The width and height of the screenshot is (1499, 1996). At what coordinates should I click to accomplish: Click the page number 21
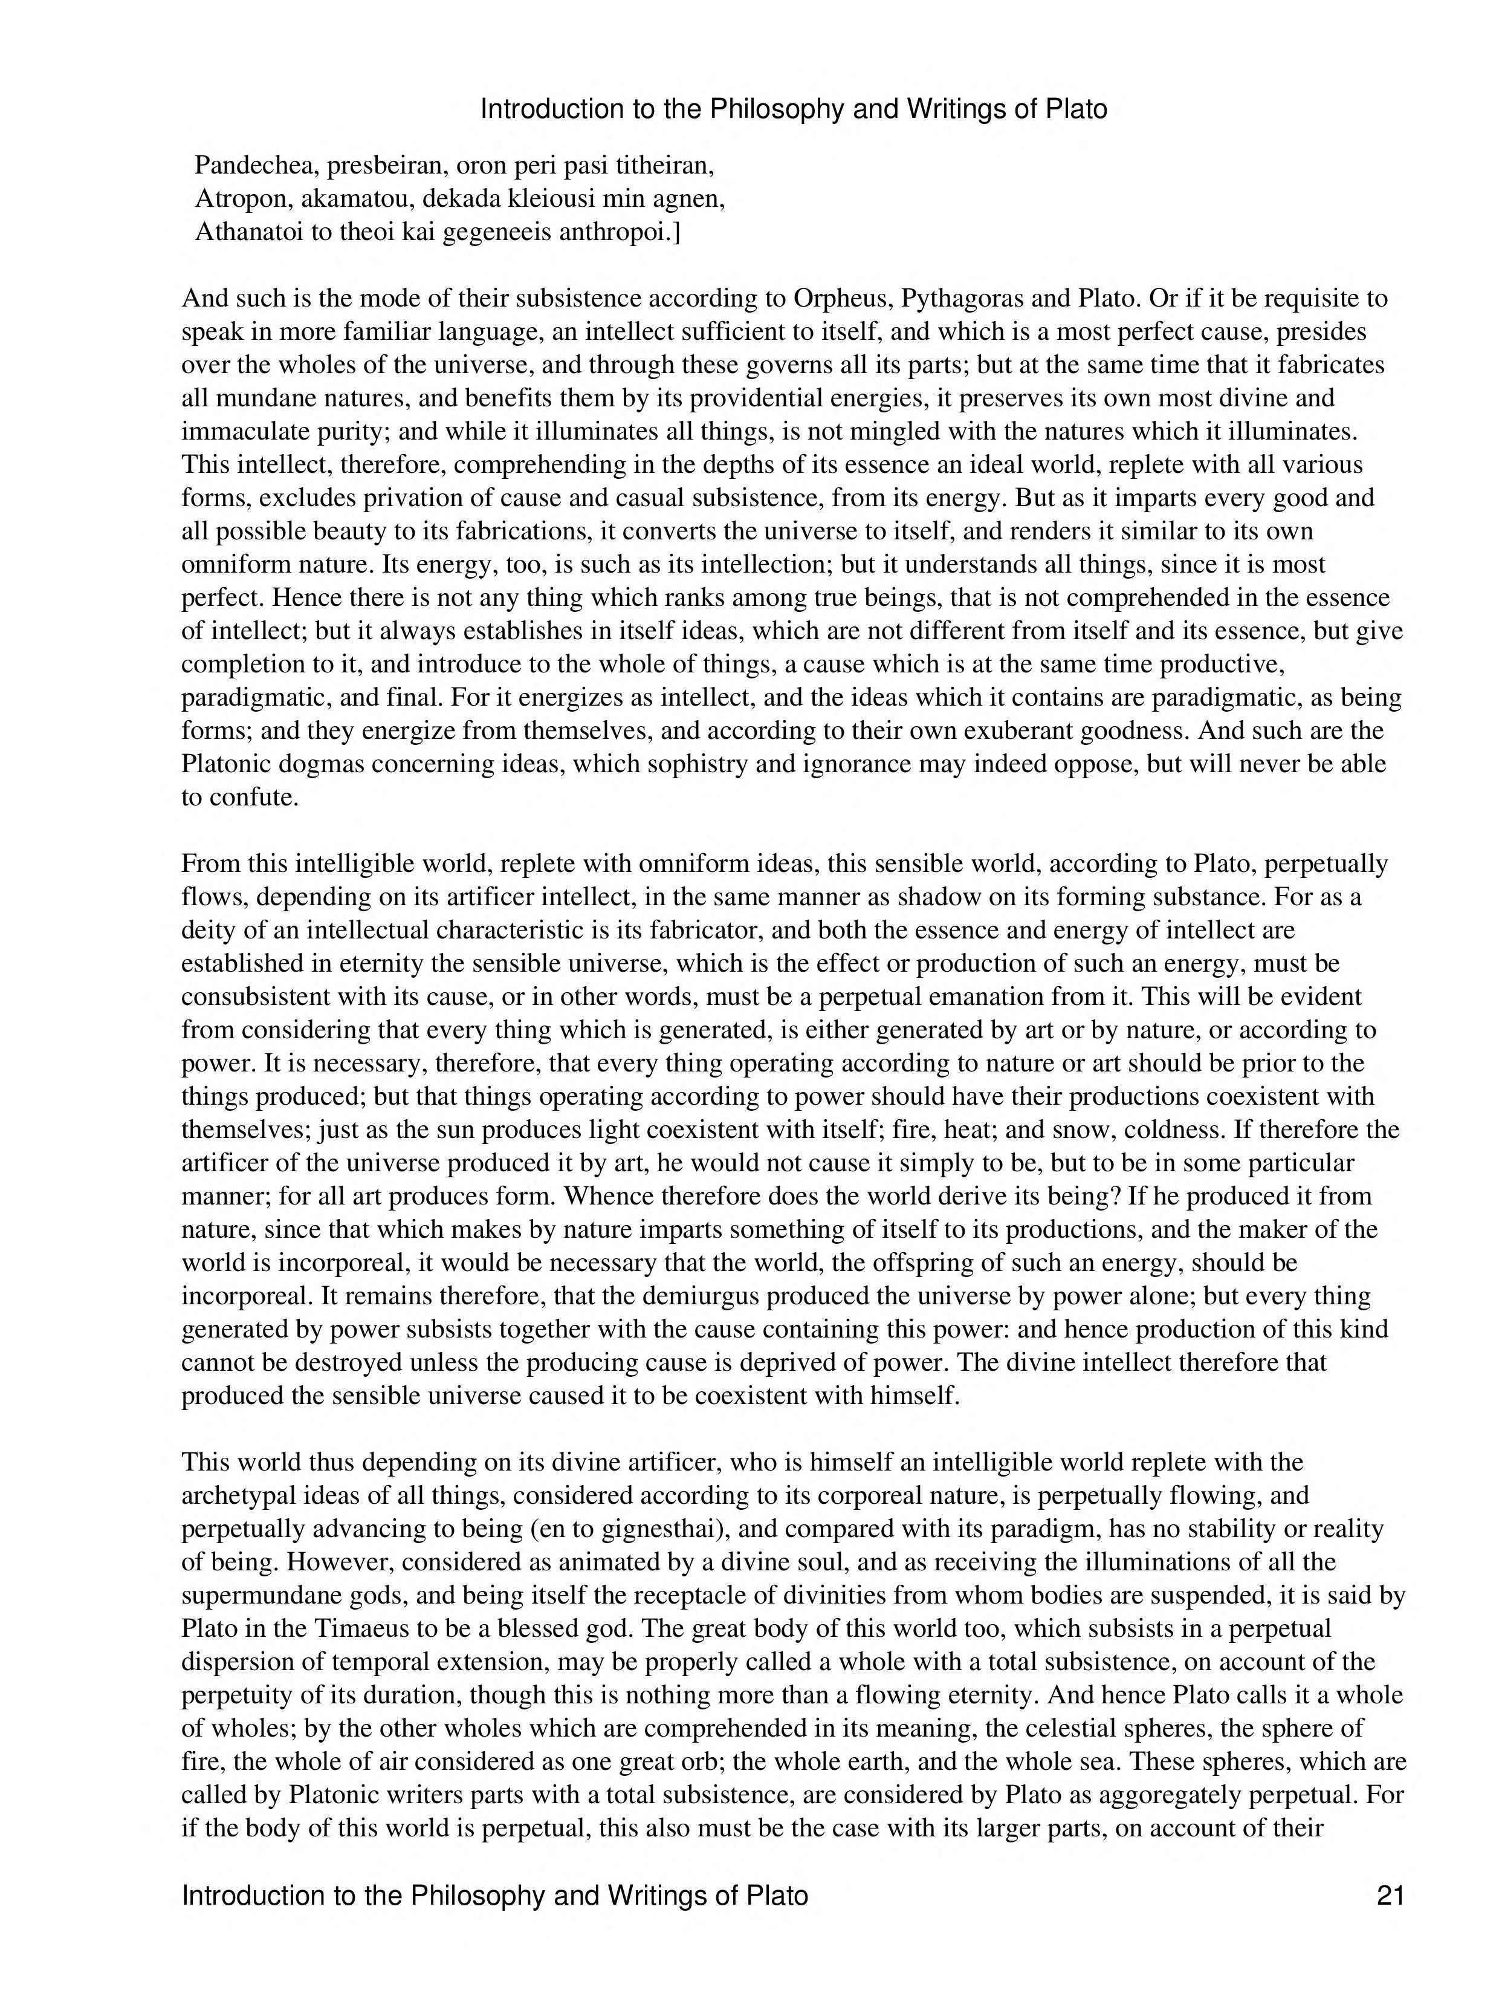tap(1390, 1896)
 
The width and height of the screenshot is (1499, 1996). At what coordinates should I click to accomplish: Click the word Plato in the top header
tap(1074, 109)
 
